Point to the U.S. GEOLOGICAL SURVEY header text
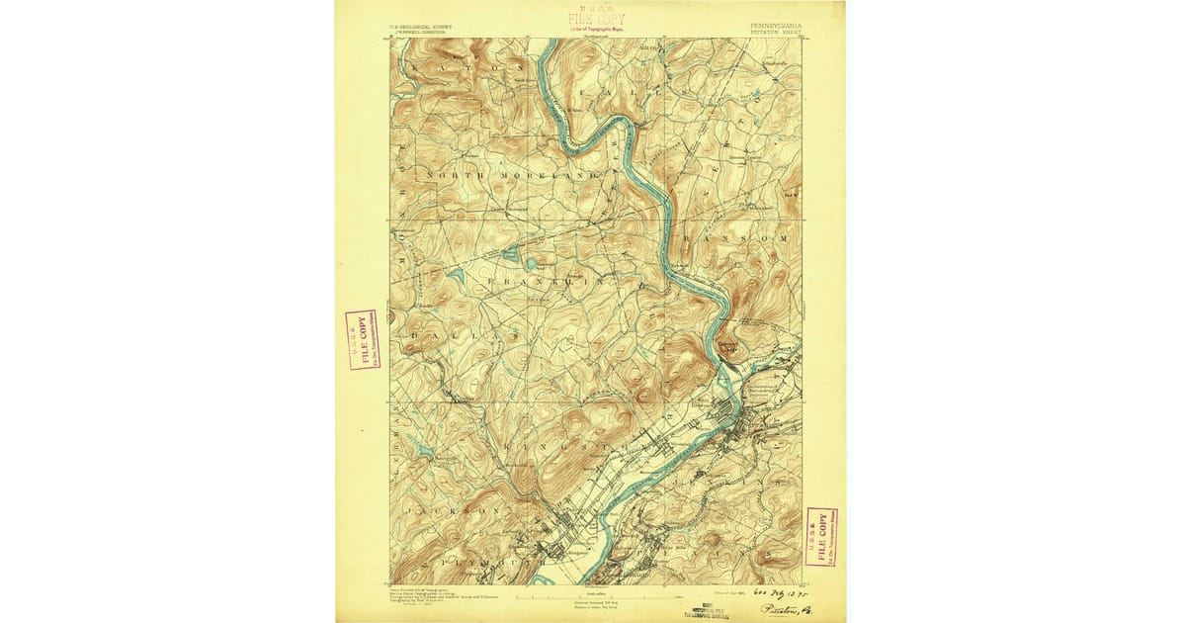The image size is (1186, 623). pyautogui.click(x=410, y=23)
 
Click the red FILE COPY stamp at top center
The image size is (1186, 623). pyautogui.click(x=595, y=19)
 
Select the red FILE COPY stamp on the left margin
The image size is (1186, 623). pyautogui.click(x=361, y=339)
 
